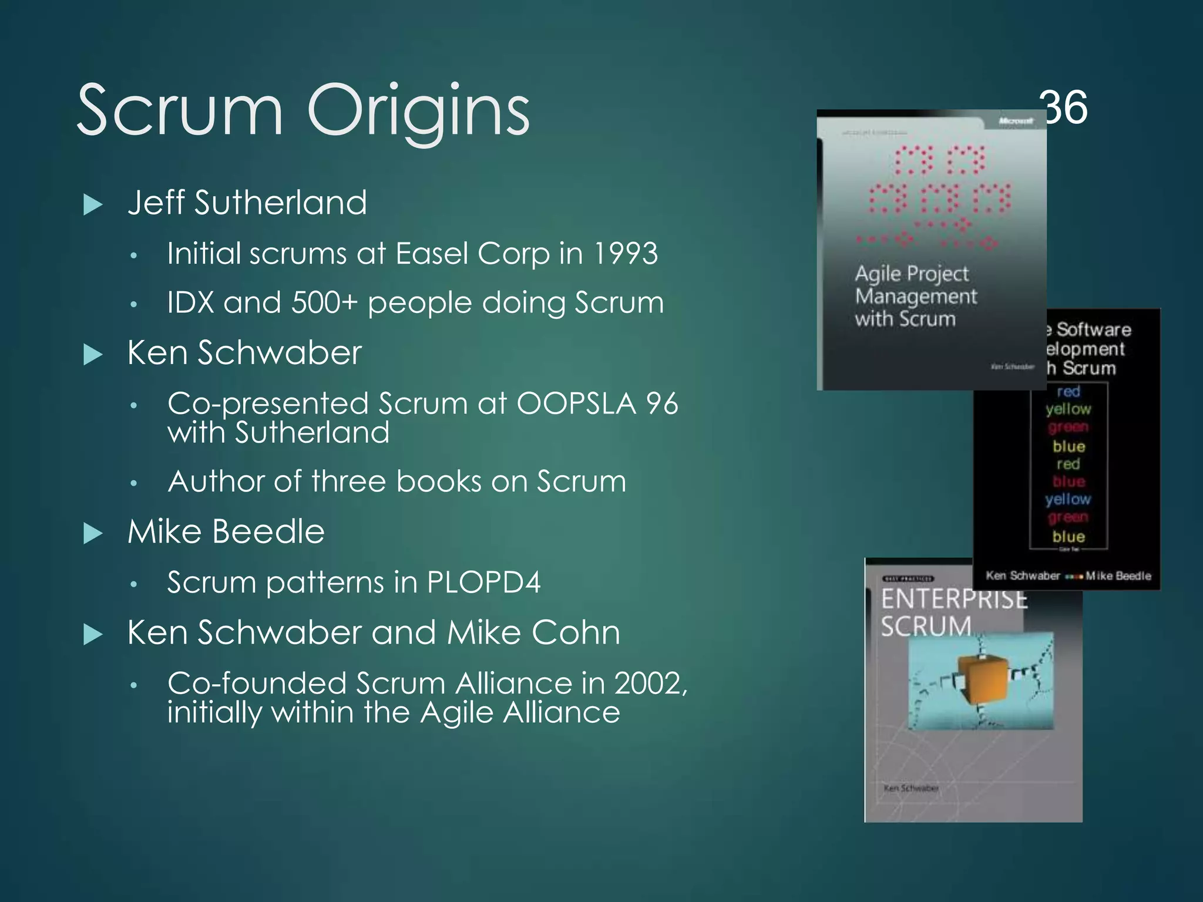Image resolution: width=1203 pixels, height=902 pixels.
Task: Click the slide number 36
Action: point(1063,107)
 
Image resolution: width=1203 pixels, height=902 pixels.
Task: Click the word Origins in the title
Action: point(418,112)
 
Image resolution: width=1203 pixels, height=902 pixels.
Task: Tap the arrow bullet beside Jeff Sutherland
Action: point(93,205)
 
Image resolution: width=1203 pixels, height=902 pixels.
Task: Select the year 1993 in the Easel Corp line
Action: point(625,254)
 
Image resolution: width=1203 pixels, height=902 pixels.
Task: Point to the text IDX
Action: point(190,303)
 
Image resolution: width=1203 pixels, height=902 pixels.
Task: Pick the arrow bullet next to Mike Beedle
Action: point(93,533)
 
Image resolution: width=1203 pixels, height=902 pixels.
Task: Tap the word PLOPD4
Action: point(483,583)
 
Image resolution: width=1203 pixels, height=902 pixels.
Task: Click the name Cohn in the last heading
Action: point(576,633)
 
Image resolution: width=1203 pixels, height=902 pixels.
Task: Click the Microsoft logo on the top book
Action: point(1016,121)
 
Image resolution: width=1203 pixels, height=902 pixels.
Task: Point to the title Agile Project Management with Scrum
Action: point(915,296)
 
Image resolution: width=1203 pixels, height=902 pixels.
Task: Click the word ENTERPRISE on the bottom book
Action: point(953,599)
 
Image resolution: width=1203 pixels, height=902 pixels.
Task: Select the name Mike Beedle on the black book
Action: point(1118,576)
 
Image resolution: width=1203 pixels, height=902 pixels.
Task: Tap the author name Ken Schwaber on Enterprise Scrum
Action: point(910,788)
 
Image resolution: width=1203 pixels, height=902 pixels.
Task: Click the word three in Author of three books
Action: point(350,482)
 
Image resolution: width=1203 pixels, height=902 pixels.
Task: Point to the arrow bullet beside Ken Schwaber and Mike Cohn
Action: point(93,635)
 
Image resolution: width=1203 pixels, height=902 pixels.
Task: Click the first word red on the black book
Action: point(1068,392)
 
